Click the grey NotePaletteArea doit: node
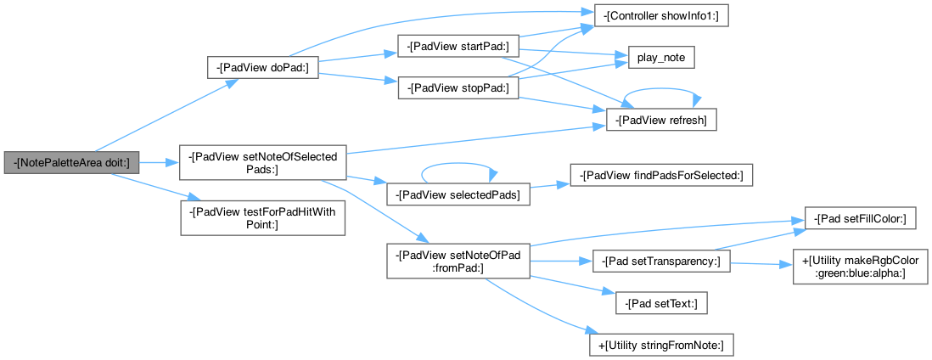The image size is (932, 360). click(x=70, y=162)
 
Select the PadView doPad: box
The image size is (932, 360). click(x=262, y=69)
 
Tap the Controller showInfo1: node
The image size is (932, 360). click(x=654, y=16)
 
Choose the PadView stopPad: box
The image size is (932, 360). click(x=458, y=87)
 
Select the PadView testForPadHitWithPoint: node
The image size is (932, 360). click(x=262, y=217)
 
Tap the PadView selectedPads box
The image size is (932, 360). click(x=458, y=194)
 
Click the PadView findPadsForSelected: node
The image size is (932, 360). click(x=661, y=176)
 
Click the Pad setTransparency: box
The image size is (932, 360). click(x=661, y=262)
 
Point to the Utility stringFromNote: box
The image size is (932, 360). click(x=661, y=345)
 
